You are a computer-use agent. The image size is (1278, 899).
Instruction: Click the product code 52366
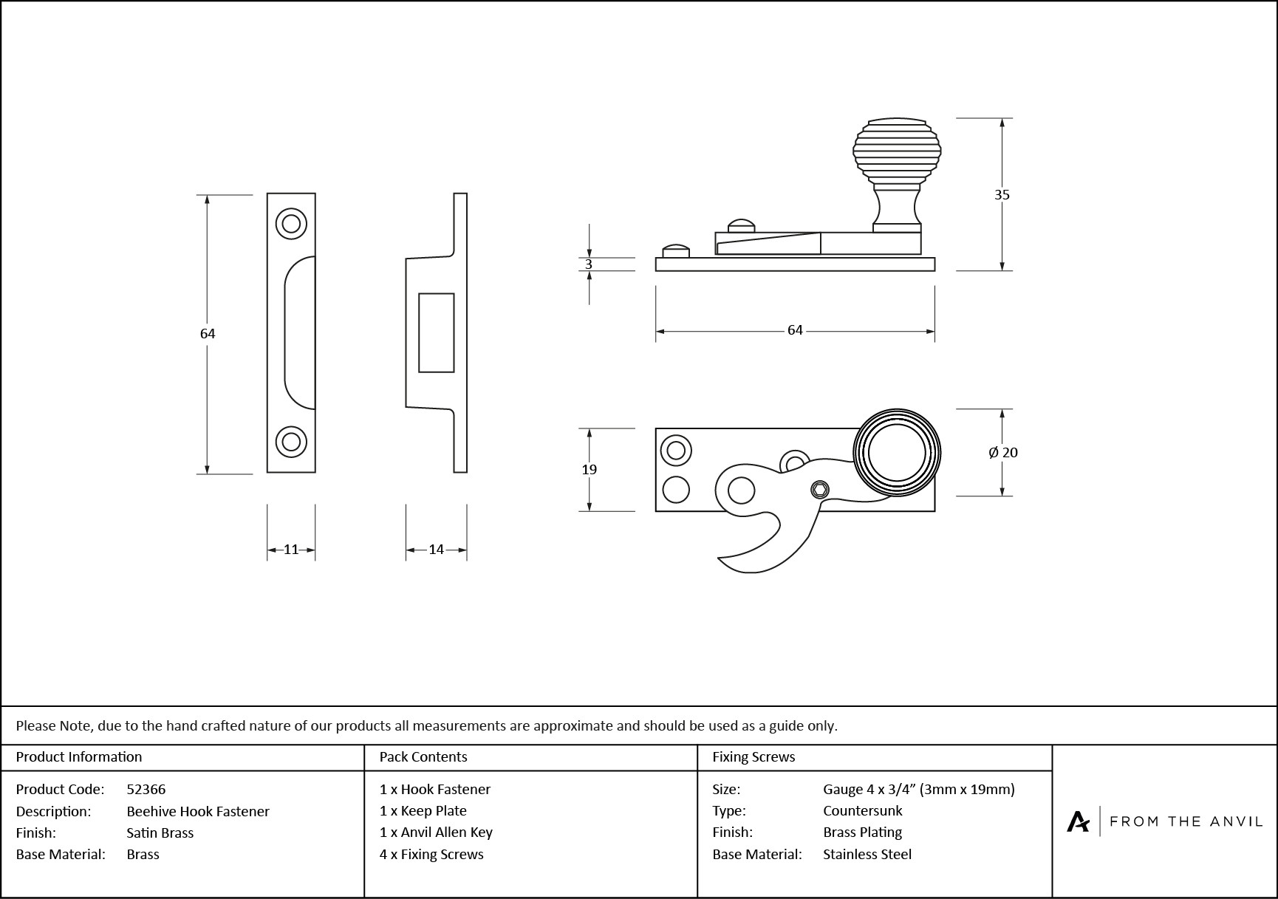(146, 789)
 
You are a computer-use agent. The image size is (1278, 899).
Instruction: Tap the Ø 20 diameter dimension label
(1003, 452)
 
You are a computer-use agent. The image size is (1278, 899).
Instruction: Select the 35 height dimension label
(1002, 194)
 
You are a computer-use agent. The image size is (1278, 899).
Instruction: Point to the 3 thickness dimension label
(589, 264)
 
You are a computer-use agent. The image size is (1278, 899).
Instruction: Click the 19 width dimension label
(589, 469)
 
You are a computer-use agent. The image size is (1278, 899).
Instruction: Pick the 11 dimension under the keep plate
(291, 549)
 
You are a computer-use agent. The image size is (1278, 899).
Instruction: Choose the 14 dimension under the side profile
(436, 549)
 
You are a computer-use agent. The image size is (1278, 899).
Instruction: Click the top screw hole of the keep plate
(291, 222)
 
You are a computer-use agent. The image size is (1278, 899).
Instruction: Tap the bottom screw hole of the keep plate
(291, 442)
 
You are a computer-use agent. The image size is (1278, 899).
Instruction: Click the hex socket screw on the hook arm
(819, 489)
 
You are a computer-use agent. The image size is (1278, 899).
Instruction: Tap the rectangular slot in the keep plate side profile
(436, 332)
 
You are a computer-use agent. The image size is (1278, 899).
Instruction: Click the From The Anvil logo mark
(1078, 821)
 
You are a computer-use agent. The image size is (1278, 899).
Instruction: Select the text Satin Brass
(160, 833)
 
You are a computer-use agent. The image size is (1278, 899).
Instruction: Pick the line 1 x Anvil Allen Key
(436, 832)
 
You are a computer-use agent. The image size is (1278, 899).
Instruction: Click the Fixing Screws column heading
(754, 756)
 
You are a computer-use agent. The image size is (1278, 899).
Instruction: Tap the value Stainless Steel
(867, 854)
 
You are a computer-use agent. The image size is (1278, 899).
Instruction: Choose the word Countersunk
(862, 810)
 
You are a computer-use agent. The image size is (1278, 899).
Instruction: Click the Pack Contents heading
(423, 756)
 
